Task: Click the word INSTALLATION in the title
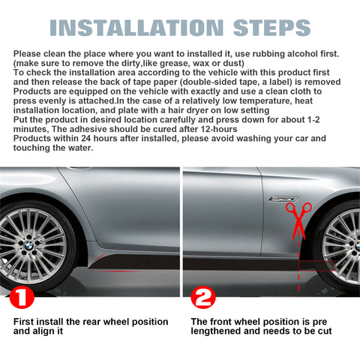pyautogui.click(x=136, y=28)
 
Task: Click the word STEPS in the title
pyautogui.click(x=272, y=28)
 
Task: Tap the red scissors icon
pyautogui.click(x=298, y=221)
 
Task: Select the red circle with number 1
pyautogui.click(x=22, y=297)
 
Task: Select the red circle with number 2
pyautogui.click(x=203, y=297)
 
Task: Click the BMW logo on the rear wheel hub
pyautogui.click(x=29, y=247)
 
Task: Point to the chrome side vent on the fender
pyautogui.click(x=283, y=199)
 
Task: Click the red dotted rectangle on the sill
pyautogui.click(x=317, y=265)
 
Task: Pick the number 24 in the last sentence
pyautogui.click(x=85, y=139)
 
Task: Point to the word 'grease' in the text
pyautogui.click(x=175, y=63)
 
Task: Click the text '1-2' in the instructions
pyautogui.click(x=313, y=120)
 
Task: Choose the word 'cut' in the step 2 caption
pyautogui.click(x=325, y=331)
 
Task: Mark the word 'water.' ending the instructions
pyautogui.click(x=80, y=148)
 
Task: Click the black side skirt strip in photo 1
pyautogui.click(x=135, y=262)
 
